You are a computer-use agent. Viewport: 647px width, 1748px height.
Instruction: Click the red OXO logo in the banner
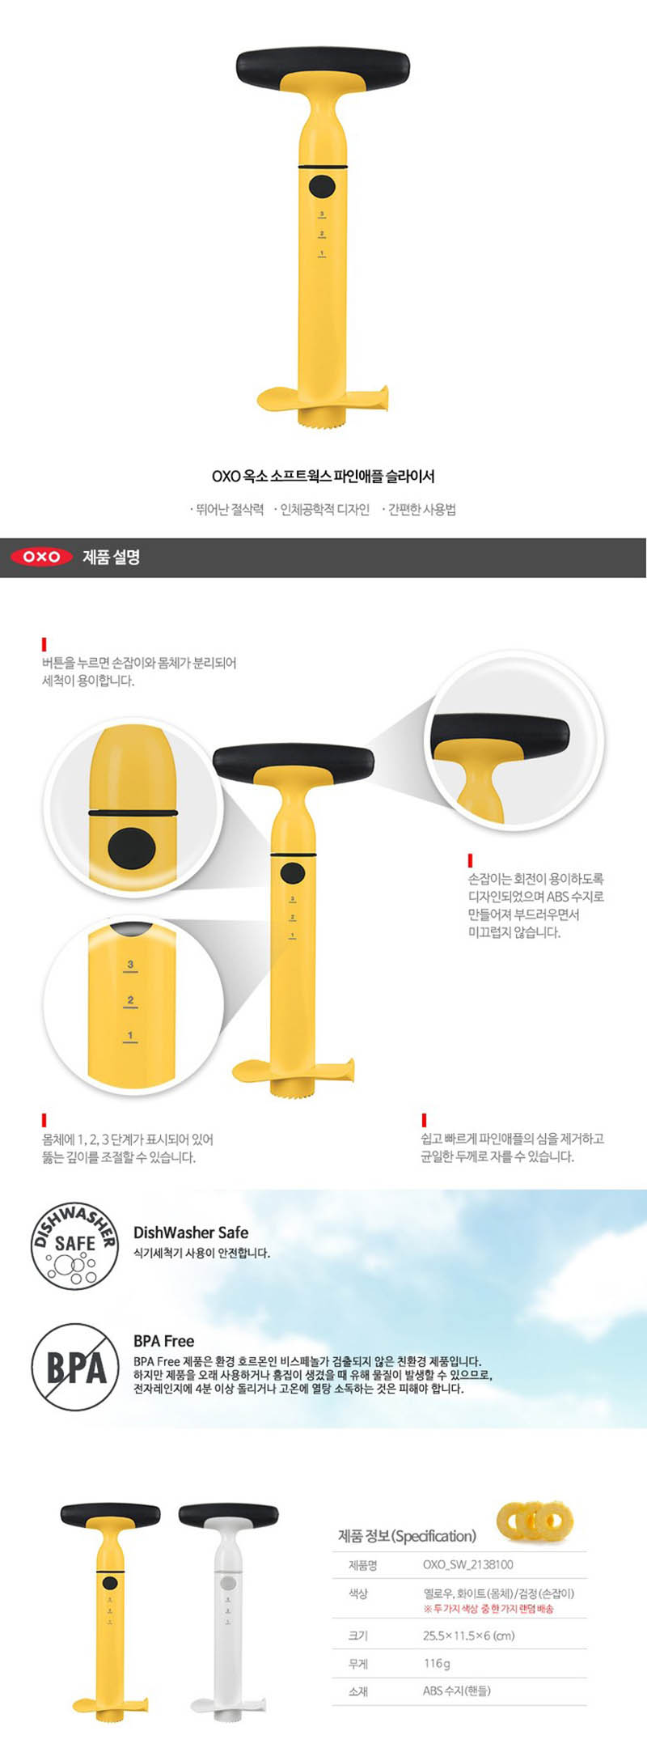tap(41, 557)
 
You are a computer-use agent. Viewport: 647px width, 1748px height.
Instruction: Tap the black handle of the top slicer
tap(323, 66)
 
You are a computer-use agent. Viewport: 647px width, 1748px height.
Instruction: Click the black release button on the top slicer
tap(322, 187)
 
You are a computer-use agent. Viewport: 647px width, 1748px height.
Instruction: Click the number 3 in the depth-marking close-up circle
tap(130, 964)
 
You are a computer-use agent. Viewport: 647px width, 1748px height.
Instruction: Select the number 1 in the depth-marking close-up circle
tap(130, 1035)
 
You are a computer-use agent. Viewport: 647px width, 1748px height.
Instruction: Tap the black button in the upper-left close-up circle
tap(132, 846)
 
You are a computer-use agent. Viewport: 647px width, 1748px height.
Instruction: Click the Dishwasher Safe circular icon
tap(75, 1245)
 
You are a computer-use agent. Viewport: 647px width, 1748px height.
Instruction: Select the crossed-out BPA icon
tap(75, 1367)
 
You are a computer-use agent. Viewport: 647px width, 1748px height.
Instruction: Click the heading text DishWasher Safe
tap(191, 1233)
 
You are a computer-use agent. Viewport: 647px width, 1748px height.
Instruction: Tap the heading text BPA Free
tap(163, 1341)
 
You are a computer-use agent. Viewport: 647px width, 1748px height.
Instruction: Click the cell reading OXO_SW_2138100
tap(467, 1564)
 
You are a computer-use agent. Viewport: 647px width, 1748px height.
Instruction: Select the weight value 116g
tap(436, 1663)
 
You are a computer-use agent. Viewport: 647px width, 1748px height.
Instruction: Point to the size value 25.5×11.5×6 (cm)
tap(468, 1635)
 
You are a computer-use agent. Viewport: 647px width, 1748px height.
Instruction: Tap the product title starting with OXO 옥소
tap(323, 476)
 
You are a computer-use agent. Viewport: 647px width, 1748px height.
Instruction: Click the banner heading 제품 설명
tap(111, 557)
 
